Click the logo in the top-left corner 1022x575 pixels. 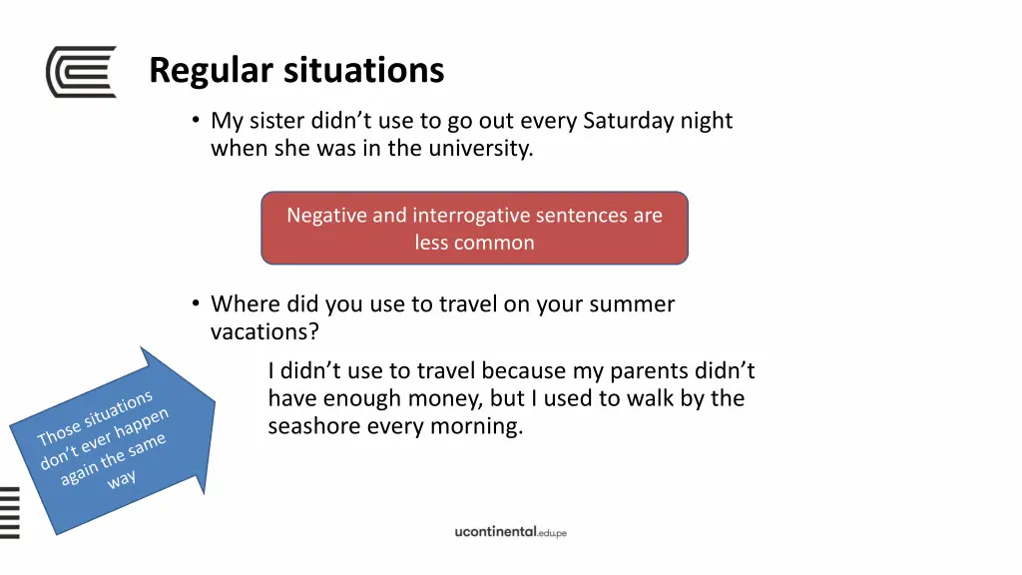(x=81, y=72)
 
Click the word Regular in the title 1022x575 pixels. (x=211, y=71)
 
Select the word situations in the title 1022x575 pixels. (x=363, y=71)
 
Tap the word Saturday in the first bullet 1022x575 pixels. (x=628, y=122)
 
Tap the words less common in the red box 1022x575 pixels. (x=474, y=243)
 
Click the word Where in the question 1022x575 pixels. (x=246, y=304)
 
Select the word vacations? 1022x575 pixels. (x=264, y=331)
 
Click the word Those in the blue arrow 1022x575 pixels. (x=57, y=431)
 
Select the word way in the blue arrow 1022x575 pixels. (x=122, y=480)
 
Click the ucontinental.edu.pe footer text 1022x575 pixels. (x=510, y=532)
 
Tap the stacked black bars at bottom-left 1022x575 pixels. (x=10, y=511)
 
